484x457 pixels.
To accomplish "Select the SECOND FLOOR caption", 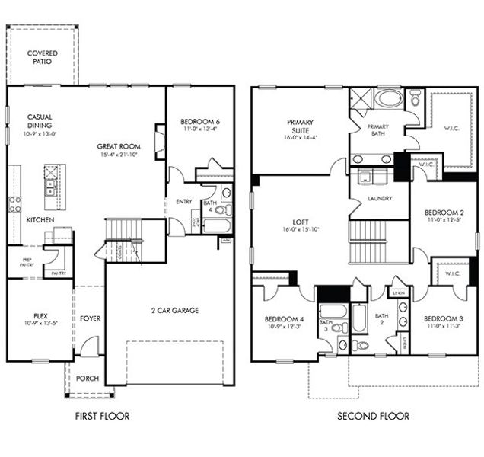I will point(374,416).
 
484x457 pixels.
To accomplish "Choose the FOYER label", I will point(90,318).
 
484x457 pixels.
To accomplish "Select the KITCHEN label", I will point(40,219).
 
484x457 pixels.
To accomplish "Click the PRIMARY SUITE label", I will point(301,126).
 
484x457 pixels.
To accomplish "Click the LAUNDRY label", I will point(378,198).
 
